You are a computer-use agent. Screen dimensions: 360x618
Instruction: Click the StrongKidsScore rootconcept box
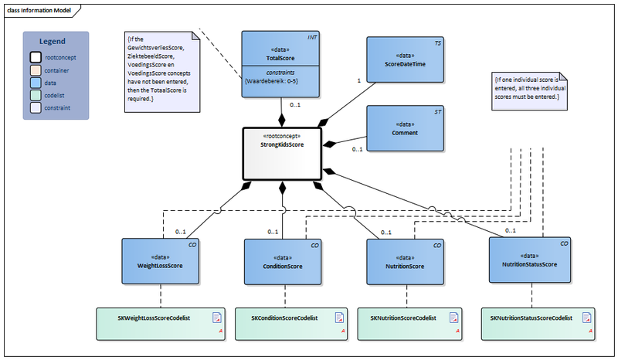pyautogui.click(x=280, y=153)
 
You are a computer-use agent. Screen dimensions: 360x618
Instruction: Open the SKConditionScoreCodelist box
pyautogui.click(x=285, y=324)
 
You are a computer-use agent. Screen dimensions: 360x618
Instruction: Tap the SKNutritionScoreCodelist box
pyautogui.click(x=409, y=324)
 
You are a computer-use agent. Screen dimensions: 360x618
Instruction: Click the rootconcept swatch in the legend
pyautogui.click(x=36, y=56)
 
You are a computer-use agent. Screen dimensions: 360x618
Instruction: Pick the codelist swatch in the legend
pyautogui.click(x=36, y=95)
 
